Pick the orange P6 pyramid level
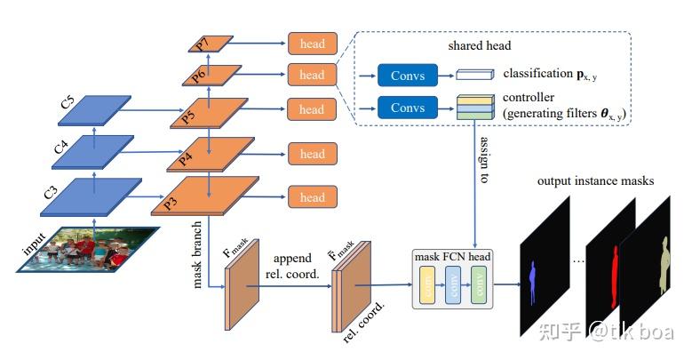click(x=211, y=75)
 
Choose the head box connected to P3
click(x=312, y=197)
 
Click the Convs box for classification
click(x=407, y=76)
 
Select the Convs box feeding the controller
click(x=407, y=108)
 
